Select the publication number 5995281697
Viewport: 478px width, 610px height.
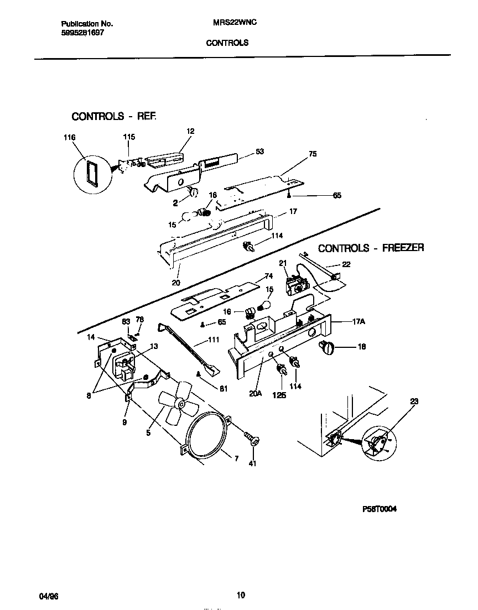(x=81, y=33)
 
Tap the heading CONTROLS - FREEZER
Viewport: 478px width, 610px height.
(x=371, y=248)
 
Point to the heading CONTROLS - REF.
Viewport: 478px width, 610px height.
(x=114, y=117)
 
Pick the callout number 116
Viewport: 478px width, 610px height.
(x=69, y=137)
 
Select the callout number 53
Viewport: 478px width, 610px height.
(x=259, y=151)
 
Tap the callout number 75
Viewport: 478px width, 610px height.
(x=313, y=154)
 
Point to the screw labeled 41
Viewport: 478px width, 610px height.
(x=254, y=441)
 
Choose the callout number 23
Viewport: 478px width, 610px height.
(x=415, y=402)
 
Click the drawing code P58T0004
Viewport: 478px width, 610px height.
(x=379, y=510)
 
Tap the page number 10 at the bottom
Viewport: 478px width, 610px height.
(x=240, y=595)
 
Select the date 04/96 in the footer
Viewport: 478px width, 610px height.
(x=49, y=596)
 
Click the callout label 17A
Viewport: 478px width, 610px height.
(x=358, y=321)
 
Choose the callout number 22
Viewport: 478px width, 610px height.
(x=346, y=264)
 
